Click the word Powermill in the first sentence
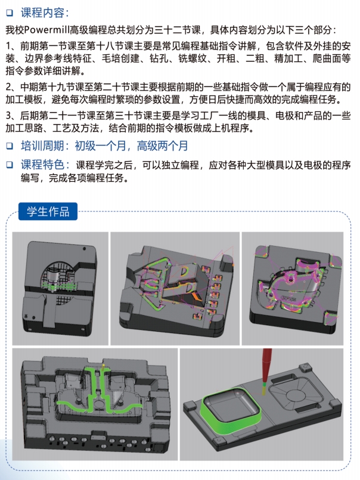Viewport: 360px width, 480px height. click(x=46, y=30)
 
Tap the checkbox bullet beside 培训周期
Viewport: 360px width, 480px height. click(x=10, y=146)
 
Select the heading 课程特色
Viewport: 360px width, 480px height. click(x=42, y=165)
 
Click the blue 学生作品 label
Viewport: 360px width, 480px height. click(x=48, y=211)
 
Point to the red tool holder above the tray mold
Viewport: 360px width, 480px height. click(x=267, y=365)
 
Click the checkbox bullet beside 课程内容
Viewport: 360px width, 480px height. click(x=10, y=13)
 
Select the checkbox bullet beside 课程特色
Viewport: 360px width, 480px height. click(x=10, y=165)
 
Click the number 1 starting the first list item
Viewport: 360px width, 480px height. click(x=9, y=46)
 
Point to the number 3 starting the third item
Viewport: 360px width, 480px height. click(x=9, y=116)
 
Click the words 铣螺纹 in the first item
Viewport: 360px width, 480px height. click(x=193, y=58)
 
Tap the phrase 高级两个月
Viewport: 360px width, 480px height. click(x=162, y=146)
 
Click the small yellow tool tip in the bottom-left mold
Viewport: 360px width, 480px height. click(x=103, y=366)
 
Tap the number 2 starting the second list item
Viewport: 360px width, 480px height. click(x=9, y=87)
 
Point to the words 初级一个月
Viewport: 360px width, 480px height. click(x=101, y=146)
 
